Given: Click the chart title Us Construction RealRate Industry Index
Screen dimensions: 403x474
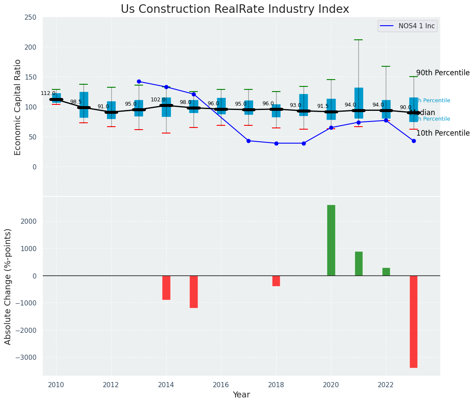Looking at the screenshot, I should tap(235, 9).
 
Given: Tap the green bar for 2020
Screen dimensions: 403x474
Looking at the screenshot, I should tap(331, 240).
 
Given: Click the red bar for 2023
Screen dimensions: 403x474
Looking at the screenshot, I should tap(413, 321).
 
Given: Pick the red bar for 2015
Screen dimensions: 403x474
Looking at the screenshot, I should tap(194, 291).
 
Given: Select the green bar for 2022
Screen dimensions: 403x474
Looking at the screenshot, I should tap(386, 272).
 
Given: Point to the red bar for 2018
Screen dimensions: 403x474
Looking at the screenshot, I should tap(276, 281).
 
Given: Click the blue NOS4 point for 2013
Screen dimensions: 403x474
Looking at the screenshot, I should tap(139, 81).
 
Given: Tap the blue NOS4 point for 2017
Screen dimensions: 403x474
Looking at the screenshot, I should tap(248, 141).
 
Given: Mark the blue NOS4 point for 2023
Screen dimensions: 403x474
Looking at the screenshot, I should tap(414, 141).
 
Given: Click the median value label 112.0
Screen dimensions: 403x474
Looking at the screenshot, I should tap(48, 93).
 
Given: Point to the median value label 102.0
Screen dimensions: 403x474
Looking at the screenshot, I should tap(158, 100).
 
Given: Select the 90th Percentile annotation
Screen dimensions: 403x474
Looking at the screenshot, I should tap(443, 73).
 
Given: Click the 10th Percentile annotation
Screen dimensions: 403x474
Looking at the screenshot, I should tap(443, 133).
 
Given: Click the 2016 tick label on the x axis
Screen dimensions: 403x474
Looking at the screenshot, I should tap(221, 385).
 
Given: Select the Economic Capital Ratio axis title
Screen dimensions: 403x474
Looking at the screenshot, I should tap(18, 107).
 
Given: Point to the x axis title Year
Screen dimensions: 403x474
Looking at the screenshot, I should tap(241, 395).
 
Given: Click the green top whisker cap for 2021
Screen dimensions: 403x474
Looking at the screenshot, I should tap(358, 40).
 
